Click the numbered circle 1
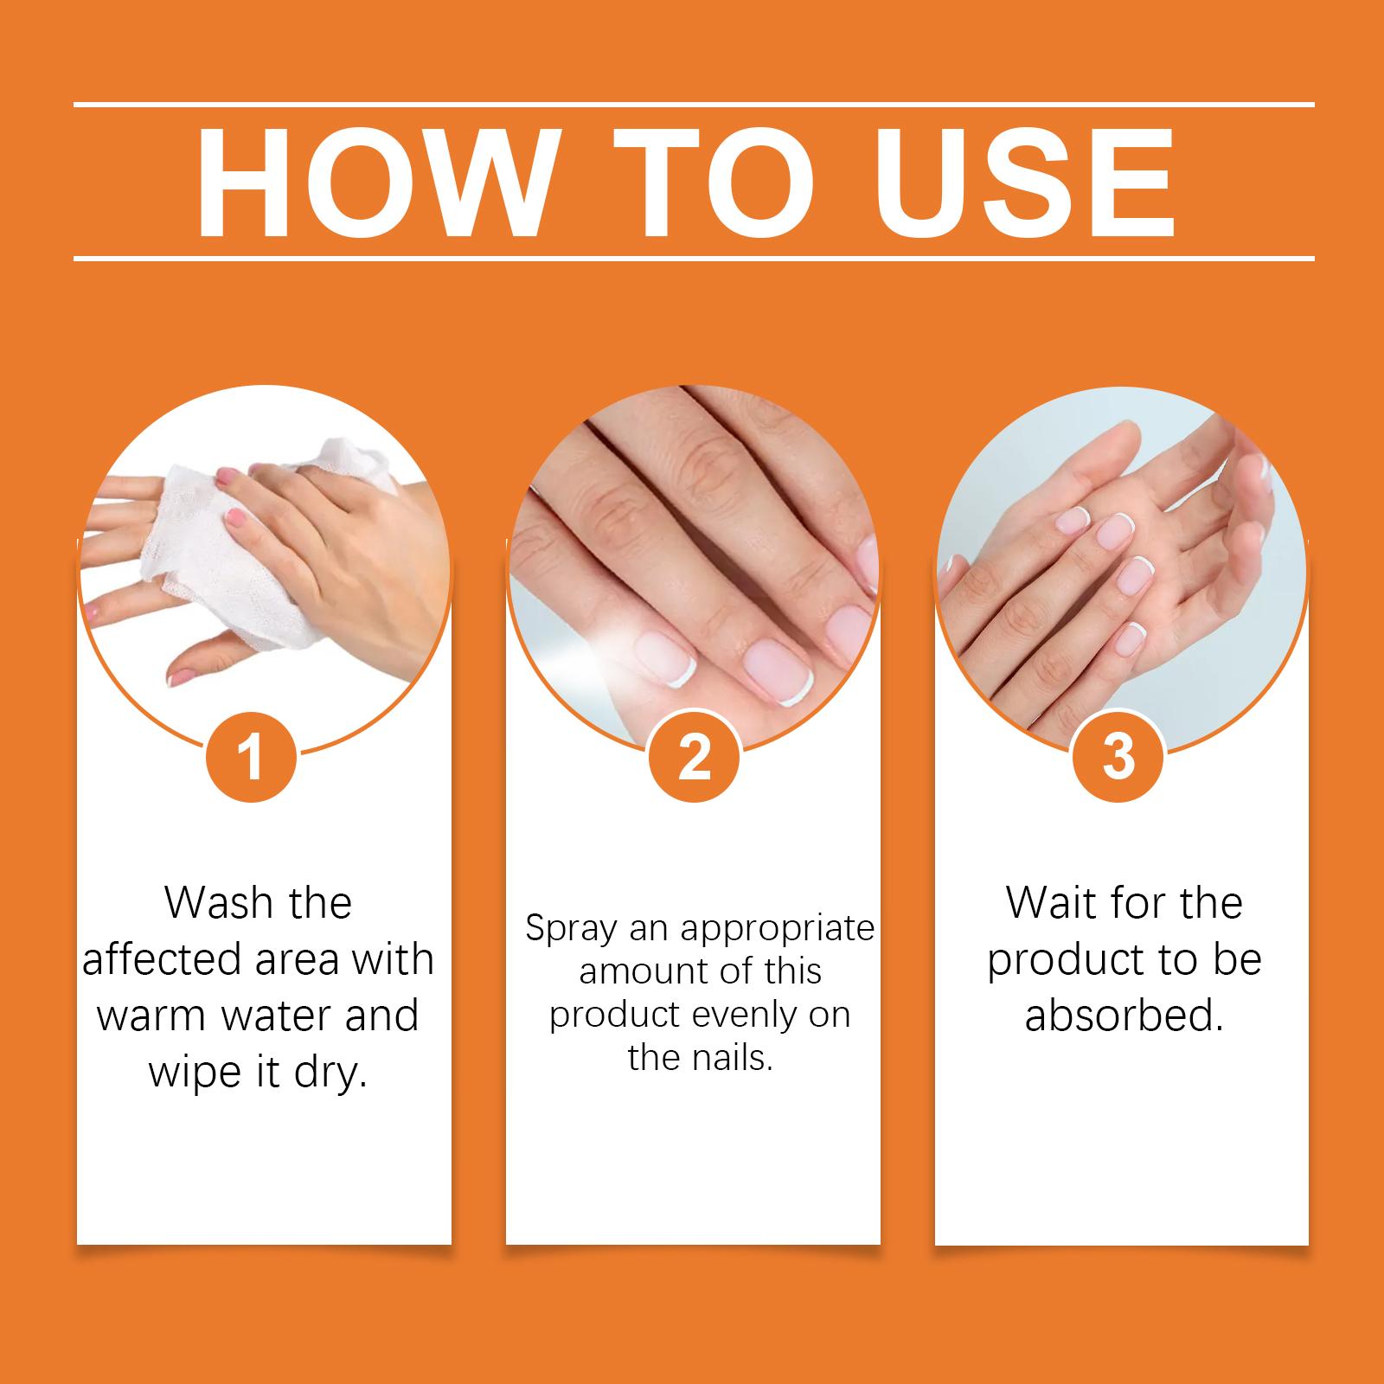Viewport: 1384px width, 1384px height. click(251, 757)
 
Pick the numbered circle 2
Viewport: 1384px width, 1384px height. click(694, 757)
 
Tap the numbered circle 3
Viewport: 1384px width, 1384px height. click(1119, 757)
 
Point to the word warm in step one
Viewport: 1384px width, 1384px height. click(150, 1016)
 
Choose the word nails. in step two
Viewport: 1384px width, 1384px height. click(726, 1058)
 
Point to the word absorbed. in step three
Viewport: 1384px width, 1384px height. click(1124, 1016)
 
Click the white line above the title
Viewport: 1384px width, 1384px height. click(694, 105)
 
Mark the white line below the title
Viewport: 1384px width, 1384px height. click(694, 258)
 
